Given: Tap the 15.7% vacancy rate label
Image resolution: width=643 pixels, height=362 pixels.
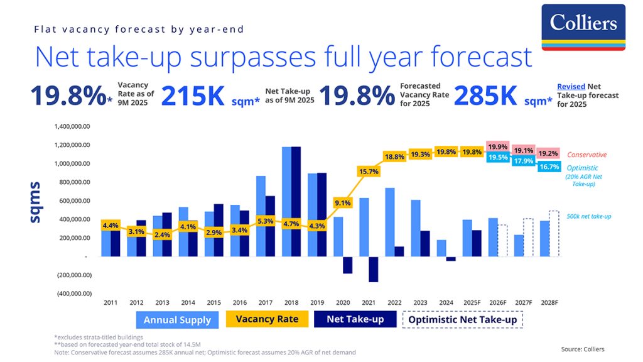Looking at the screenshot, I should coord(369,172).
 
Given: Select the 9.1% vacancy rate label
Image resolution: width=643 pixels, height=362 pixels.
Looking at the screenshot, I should coord(342,203).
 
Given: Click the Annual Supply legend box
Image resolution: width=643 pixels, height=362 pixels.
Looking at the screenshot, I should coord(178,320).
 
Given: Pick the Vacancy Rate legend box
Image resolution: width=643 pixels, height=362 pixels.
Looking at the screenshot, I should coord(267,319).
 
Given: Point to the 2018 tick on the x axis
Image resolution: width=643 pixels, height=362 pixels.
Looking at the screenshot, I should coord(291,302).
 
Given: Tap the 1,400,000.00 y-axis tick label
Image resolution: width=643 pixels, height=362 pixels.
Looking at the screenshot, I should coord(73,126).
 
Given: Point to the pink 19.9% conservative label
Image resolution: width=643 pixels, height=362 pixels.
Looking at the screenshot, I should coord(498,146).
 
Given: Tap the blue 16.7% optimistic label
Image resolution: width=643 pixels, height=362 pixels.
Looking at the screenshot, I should coord(549,167).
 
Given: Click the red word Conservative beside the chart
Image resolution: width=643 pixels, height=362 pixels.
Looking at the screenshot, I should coord(586,155).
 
